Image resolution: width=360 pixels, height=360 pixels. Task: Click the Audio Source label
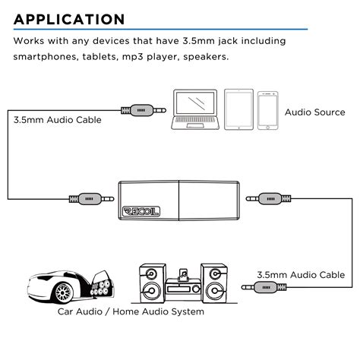tap(314, 112)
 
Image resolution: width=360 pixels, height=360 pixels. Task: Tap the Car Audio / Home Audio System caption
tap(131, 311)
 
